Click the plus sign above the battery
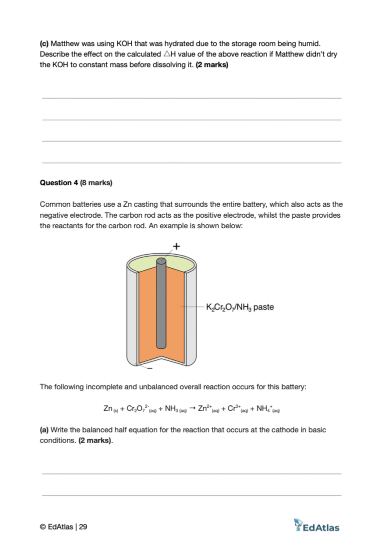(176, 246)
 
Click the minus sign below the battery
(150, 369)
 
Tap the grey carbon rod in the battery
(161, 305)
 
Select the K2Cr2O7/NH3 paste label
(240, 307)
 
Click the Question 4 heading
(76, 183)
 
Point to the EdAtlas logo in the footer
(316, 525)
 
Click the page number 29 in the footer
(83, 526)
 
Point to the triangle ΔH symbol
(167, 54)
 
